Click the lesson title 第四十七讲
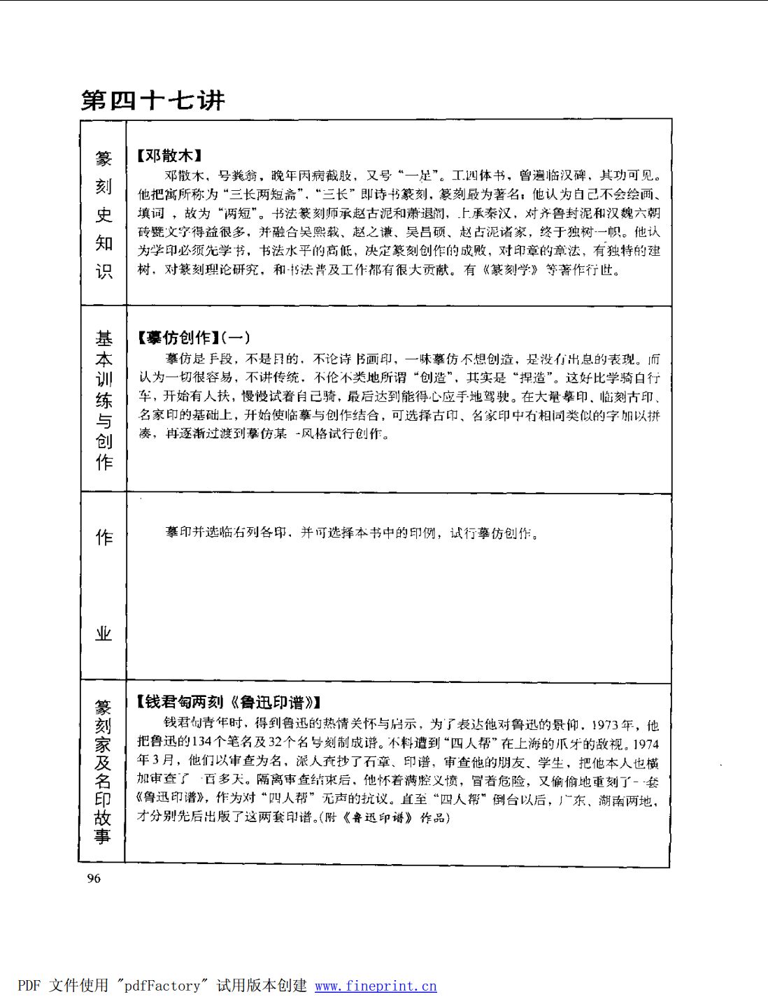pos(152,101)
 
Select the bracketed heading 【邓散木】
pos(169,155)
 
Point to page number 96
pos(94,879)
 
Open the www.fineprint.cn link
pos(376,986)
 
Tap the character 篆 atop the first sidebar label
pos(104,159)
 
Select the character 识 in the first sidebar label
pos(104,271)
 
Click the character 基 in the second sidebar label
pos(104,338)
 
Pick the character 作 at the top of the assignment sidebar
pos(104,537)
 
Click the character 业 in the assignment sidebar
pos(104,633)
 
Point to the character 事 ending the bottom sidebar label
pos(103,836)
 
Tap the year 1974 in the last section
pos(646,745)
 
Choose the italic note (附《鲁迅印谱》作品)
pos(384,817)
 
